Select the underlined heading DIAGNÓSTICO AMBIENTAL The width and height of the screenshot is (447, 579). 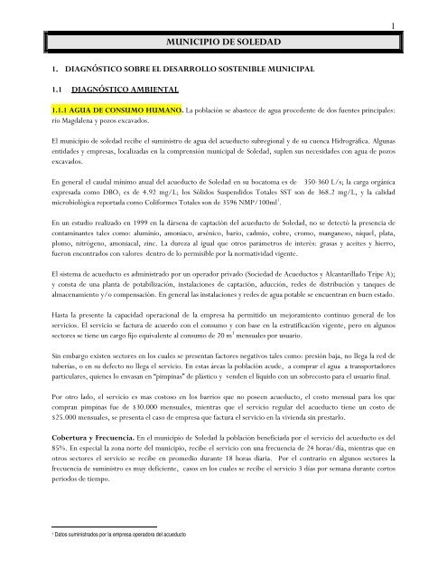131,88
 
